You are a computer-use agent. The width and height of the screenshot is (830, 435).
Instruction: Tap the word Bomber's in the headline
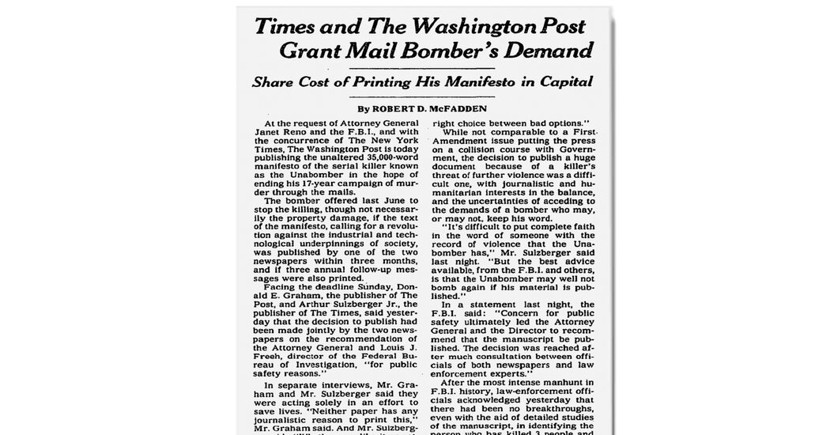(x=447, y=52)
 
